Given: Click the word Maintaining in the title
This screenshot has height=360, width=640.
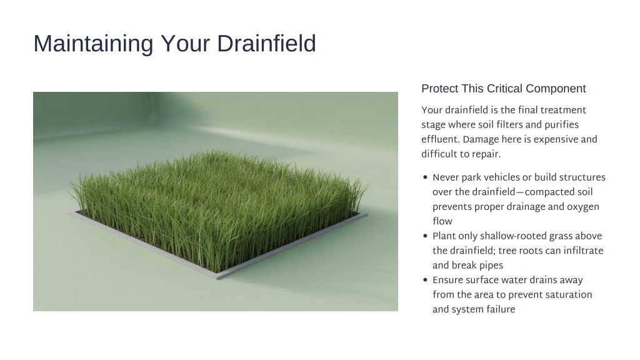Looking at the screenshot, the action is [93, 44].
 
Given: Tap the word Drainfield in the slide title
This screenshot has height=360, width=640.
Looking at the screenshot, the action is [266, 43].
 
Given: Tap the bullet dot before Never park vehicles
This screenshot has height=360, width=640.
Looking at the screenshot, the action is [425, 177].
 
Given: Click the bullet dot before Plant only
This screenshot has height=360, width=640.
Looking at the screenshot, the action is [425, 236].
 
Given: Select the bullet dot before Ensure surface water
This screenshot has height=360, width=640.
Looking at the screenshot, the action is [425, 281].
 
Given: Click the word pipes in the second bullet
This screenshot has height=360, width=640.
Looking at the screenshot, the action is [491, 266].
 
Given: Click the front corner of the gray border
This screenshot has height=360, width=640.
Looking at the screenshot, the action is [217, 278].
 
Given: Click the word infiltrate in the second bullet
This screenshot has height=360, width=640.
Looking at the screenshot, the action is [583, 251].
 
